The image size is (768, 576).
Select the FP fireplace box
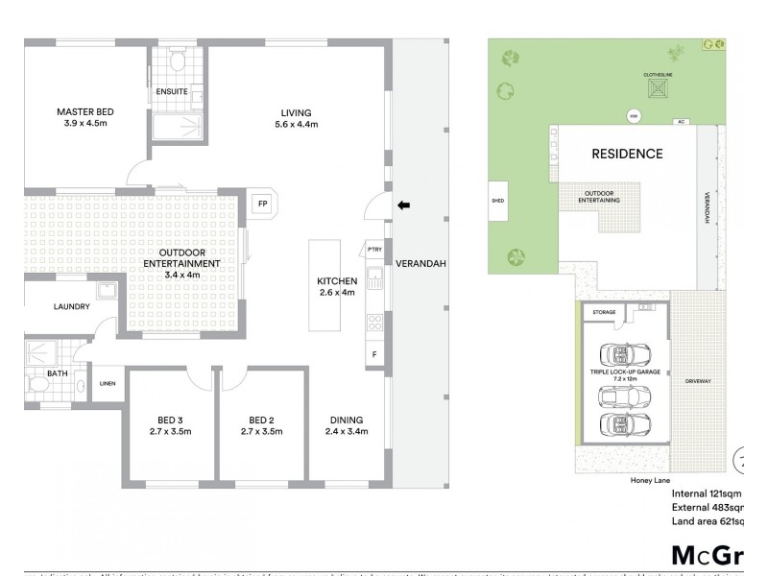pos(261,204)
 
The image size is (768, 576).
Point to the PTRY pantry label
pos(373,251)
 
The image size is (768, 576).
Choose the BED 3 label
pos(174,420)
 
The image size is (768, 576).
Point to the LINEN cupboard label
pos(108,384)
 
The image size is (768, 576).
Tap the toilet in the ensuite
pos(175,61)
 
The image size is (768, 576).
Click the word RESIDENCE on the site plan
pos(626,154)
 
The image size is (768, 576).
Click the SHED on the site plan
pos(498,202)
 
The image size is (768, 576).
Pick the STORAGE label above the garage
pos(604,312)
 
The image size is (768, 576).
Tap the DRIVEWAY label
pos(698,382)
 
